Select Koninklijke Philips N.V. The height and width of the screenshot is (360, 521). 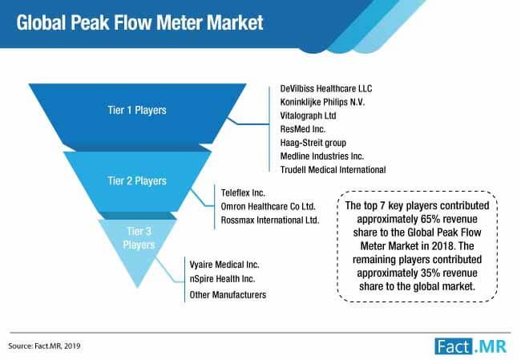pos(323,101)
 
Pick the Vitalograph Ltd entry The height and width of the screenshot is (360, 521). pos(309,115)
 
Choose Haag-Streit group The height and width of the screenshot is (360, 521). pos(311,142)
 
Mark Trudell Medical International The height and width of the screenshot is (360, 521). pos(333,169)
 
